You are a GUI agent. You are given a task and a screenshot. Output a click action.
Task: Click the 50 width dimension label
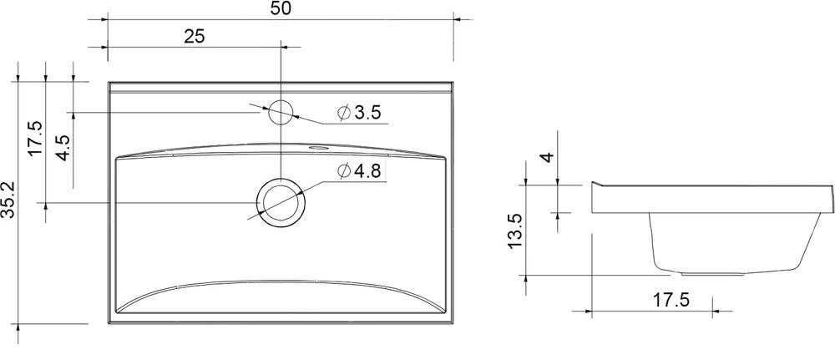tap(281, 9)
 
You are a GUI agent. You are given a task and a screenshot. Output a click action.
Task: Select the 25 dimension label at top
tap(195, 37)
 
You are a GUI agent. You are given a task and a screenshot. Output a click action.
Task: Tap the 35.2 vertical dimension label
tap(9, 200)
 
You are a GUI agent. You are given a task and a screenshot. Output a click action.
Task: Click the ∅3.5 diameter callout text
tap(359, 113)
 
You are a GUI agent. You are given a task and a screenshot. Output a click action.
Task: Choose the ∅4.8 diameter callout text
tap(359, 171)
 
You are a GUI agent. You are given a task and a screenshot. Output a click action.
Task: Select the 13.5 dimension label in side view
tap(516, 231)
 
